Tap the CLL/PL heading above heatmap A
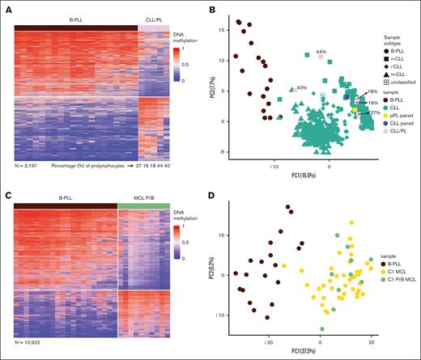coord(149,17)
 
